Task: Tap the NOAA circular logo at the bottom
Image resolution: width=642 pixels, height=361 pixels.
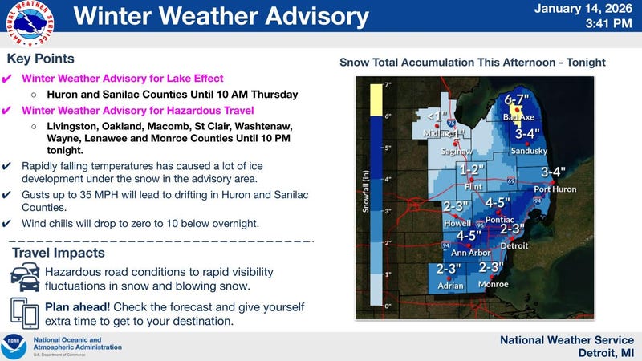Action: (14, 346)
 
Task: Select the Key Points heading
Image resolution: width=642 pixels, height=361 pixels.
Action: (40, 59)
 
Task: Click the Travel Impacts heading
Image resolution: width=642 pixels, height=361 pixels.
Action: (58, 253)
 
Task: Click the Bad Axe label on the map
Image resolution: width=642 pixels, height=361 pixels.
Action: (518, 117)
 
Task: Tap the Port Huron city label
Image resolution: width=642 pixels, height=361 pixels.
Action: (555, 189)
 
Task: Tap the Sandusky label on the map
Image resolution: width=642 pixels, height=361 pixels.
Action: (529, 151)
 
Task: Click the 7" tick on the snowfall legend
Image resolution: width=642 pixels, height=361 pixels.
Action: (387, 84)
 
